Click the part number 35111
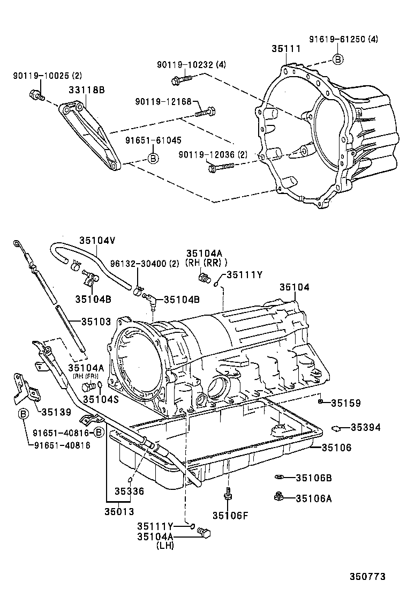(x=285, y=49)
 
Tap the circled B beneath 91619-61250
(x=338, y=59)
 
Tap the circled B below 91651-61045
(x=153, y=158)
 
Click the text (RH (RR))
(x=206, y=263)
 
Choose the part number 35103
(x=96, y=322)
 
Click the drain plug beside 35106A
(x=278, y=497)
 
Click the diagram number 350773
(x=367, y=577)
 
